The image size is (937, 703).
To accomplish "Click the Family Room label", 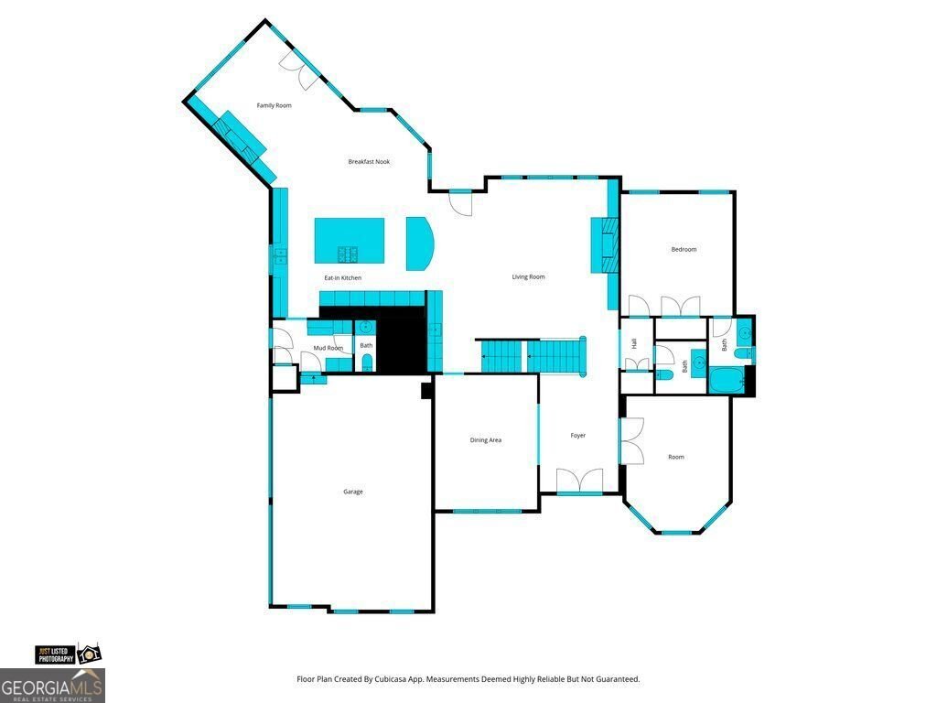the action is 275,106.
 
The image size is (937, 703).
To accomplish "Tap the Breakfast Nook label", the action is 369,161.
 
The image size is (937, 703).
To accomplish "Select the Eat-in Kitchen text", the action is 342,278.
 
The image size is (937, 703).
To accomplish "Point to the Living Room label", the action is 528,276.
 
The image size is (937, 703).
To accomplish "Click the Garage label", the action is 352,492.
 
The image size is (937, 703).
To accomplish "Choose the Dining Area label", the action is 485,440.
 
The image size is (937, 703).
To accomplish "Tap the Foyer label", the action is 578,436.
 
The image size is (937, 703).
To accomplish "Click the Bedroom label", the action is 684,249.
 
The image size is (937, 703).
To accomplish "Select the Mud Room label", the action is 328,348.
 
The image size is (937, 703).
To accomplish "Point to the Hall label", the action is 634,344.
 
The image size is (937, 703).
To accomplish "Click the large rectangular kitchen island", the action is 350,241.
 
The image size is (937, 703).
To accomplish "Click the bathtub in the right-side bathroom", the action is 727,380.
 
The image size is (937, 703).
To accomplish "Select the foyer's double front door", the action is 579,481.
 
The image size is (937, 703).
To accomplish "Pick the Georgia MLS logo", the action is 52,686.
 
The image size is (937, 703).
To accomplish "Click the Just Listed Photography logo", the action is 68,654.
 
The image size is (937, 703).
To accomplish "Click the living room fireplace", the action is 604,245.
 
